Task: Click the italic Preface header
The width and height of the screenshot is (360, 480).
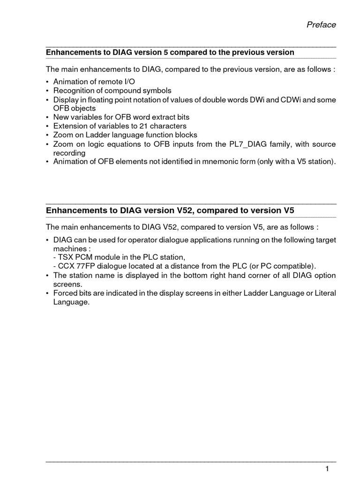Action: tap(321, 25)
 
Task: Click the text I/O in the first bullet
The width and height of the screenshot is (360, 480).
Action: tap(121, 82)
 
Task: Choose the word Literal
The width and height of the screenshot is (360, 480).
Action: tap(323, 293)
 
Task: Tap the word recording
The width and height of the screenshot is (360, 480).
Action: tap(69, 153)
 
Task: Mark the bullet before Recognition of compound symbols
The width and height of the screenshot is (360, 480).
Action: tap(47, 90)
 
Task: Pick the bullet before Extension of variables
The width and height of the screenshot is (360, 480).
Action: tap(47, 126)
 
